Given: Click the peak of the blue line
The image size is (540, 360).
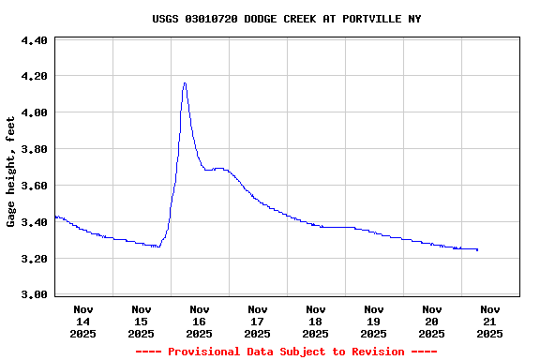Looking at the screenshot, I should (x=185, y=82).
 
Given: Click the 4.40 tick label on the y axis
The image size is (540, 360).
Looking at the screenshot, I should (x=34, y=41).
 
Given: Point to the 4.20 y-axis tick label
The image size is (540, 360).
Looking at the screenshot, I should (x=34, y=76).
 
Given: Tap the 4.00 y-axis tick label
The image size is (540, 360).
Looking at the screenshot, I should (x=34, y=112).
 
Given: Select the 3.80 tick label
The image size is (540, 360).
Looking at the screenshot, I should (x=34, y=149).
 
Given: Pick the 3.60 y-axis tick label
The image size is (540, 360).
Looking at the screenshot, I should (x=34, y=186).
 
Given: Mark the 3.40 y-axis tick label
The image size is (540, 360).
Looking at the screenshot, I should (x=34, y=222).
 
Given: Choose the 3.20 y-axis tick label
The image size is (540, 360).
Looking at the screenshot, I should (x=34, y=259).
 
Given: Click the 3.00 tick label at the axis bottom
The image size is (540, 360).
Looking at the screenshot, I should (x=34, y=294).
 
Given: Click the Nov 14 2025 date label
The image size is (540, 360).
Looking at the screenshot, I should (x=82, y=321).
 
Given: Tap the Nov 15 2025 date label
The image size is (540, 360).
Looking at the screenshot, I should (x=141, y=321).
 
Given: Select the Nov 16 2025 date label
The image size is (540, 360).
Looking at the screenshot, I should (x=199, y=321).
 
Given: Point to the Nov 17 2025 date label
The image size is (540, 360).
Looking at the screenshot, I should (x=257, y=321).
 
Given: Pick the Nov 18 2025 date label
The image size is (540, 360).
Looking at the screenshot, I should (x=315, y=321).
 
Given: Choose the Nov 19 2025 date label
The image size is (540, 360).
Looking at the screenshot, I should (x=373, y=321).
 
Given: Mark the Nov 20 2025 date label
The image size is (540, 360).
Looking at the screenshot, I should (x=431, y=321).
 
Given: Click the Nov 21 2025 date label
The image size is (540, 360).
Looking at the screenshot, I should (x=489, y=321).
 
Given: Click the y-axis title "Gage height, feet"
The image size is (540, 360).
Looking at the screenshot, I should (x=11, y=172).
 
